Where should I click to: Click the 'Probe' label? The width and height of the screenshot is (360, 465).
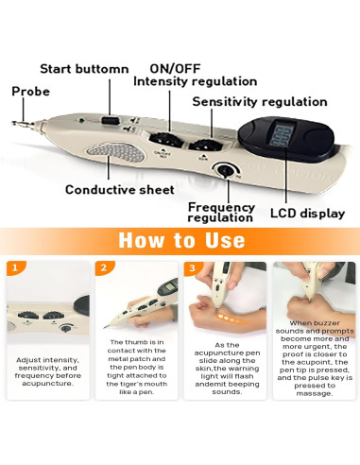tap(31, 92)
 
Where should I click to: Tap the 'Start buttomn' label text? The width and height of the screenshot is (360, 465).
tap(84, 69)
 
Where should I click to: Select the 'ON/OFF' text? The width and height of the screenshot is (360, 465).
tap(175, 69)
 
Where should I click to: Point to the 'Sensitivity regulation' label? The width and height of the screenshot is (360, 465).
tap(260, 102)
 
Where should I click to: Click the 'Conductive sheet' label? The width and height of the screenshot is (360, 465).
tap(120, 190)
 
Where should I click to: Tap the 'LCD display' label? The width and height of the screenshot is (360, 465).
tap(307, 214)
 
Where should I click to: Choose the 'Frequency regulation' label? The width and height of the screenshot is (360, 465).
tap(221, 213)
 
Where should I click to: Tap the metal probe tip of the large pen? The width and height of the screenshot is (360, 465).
tap(23, 124)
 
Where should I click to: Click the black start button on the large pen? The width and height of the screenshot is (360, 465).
tap(110, 120)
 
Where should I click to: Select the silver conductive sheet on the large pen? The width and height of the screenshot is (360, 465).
tap(116, 152)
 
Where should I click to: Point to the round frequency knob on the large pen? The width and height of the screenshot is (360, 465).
tap(225, 170)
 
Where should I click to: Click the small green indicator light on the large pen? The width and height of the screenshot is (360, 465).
tap(81, 120)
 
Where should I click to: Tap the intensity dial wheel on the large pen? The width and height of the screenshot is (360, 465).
tap(165, 140)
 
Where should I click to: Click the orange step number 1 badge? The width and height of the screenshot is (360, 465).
tap(15, 268)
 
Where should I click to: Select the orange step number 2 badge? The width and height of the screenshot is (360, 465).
tap(104, 268)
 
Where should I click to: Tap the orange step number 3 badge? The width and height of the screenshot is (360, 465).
tap(192, 268)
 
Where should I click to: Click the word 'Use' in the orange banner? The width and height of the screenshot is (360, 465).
tap(225, 240)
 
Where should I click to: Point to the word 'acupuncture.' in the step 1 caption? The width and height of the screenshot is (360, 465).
tap(48, 384)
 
